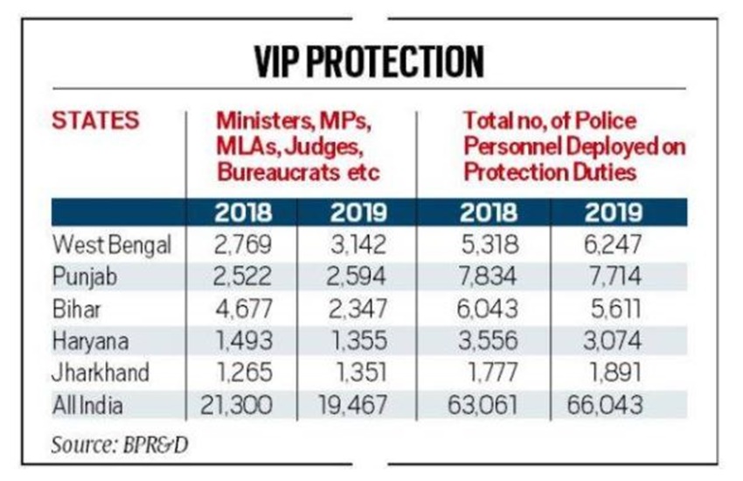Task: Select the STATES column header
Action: tap(95, 120)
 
